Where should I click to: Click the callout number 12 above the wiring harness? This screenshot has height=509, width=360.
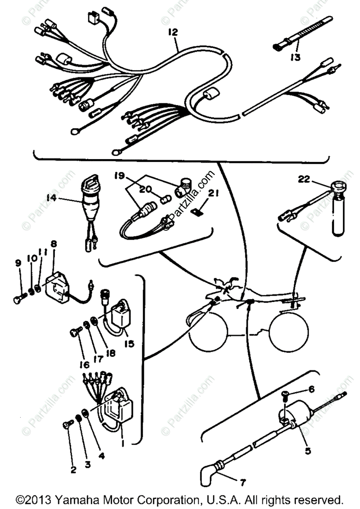173,32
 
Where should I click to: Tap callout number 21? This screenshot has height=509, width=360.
213,194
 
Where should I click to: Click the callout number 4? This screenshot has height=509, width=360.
101,457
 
